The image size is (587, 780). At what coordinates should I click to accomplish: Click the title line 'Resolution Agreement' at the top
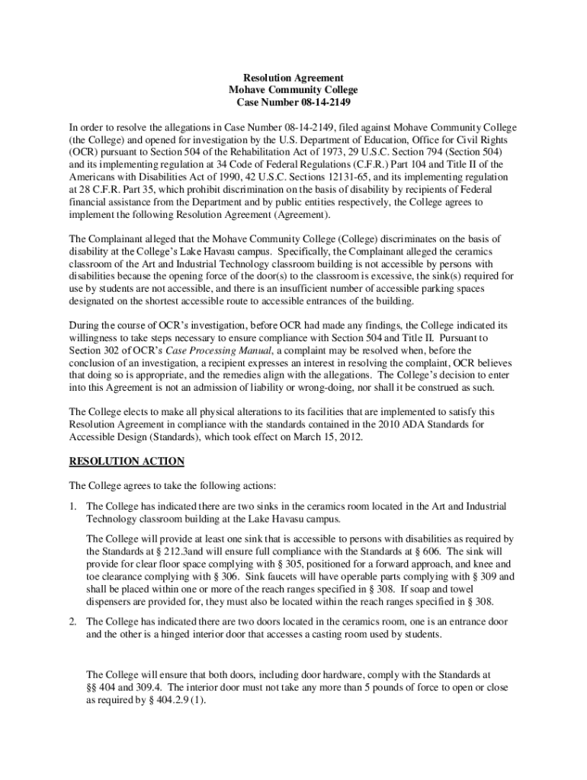point(293,78)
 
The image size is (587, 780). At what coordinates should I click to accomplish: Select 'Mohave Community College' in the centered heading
point(293,90)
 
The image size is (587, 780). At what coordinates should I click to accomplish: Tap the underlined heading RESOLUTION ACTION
point(127,462)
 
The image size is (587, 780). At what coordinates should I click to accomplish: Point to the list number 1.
point(72,506)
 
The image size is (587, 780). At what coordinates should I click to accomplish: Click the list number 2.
point(72,621)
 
